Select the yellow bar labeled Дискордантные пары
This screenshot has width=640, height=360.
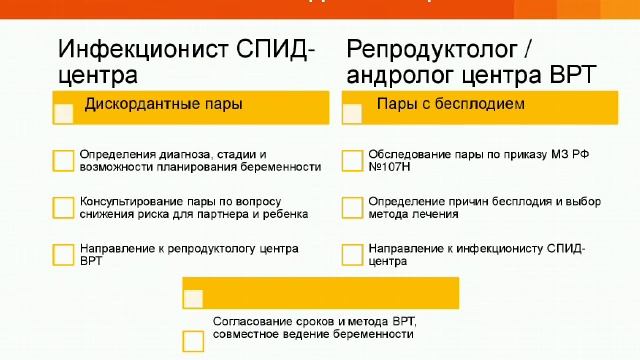pos(189,107)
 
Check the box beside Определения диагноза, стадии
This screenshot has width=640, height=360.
pos(63,160)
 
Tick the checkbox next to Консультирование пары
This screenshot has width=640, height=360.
pos(63,207)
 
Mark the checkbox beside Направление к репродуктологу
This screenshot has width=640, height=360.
pos(63,254)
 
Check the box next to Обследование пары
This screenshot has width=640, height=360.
pos(352,160)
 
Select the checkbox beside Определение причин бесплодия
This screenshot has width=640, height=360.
pos(352,207)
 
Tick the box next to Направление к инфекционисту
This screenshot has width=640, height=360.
pos(352,254)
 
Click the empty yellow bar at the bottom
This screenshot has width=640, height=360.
pos(320,293)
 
